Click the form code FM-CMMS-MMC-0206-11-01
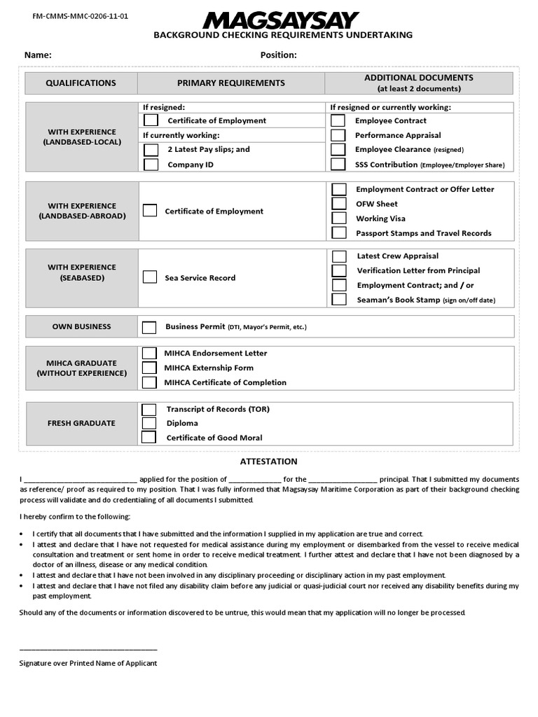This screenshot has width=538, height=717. point(76,15)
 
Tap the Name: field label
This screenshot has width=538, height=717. point(38,55)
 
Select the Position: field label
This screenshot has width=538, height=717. point(279,55)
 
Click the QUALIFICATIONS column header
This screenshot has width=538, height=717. point(81,83)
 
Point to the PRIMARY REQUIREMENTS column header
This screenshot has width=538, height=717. point(231,83)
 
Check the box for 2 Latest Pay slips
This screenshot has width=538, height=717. point(151,150)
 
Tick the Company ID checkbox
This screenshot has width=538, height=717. point(151,165)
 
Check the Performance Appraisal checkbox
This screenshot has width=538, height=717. point(338,135)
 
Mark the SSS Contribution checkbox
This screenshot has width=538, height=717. point(338,165)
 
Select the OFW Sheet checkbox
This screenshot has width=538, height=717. point(339,204)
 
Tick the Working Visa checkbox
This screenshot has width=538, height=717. point(339,218)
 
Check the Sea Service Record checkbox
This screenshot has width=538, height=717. point(150,277)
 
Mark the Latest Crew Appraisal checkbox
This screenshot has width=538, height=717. point(339,256)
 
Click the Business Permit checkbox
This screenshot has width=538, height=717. point(149,327)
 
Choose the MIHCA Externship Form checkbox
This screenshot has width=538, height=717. point(149,368)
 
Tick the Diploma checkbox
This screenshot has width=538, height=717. point(149,423)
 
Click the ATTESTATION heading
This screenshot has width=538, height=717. point(269,461)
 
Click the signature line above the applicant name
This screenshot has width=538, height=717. point(88,650)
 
